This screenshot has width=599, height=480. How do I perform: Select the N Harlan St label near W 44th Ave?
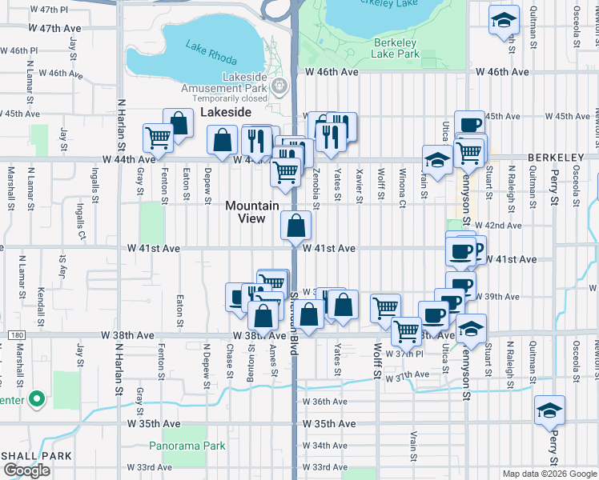(x=122, y=125)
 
